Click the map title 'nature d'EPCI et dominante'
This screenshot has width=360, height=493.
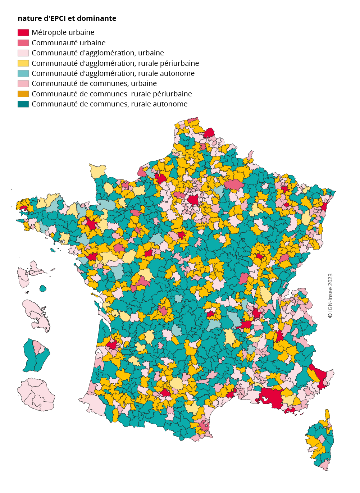pyautogui.click(x=67, y=18)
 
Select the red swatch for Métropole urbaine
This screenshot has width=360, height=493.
pyautogui.click(x=23, y=32)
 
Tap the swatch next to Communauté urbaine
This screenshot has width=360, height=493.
pyautogui.click(x=23, y=43)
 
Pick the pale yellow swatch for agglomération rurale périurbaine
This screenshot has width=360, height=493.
pyautogui.click(x=23, y=63)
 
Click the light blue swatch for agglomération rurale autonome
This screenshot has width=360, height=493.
pyautogui.click(x=23, y=73)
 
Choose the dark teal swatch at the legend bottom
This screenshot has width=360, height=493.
pyautogui.click(x=23, y=104)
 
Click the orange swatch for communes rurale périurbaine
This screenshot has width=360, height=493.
pyautogui.click(x=23, y=94)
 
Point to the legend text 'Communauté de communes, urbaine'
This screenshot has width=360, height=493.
pyautogui.click(x=94, y=83)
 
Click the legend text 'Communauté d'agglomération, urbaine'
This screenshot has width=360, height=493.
pyautogui.click(x=97, y=53)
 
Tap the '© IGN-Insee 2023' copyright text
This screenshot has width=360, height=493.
pyautogui.click(x=330, y=296)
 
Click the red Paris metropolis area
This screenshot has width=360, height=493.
pyautogui.click(x=193, y=200)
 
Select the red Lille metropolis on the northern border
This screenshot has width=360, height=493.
pyautogui.click(x=209, y=133)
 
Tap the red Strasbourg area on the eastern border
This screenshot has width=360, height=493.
pyautogui.click(x=324, y=206)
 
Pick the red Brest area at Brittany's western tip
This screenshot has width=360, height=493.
pyautogui.click(x=23, y=208)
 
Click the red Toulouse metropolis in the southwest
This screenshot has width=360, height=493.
pyautogui.click(x=165, y=392)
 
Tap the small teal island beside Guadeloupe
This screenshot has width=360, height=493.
pyautogui.click(x=43, y=288)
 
